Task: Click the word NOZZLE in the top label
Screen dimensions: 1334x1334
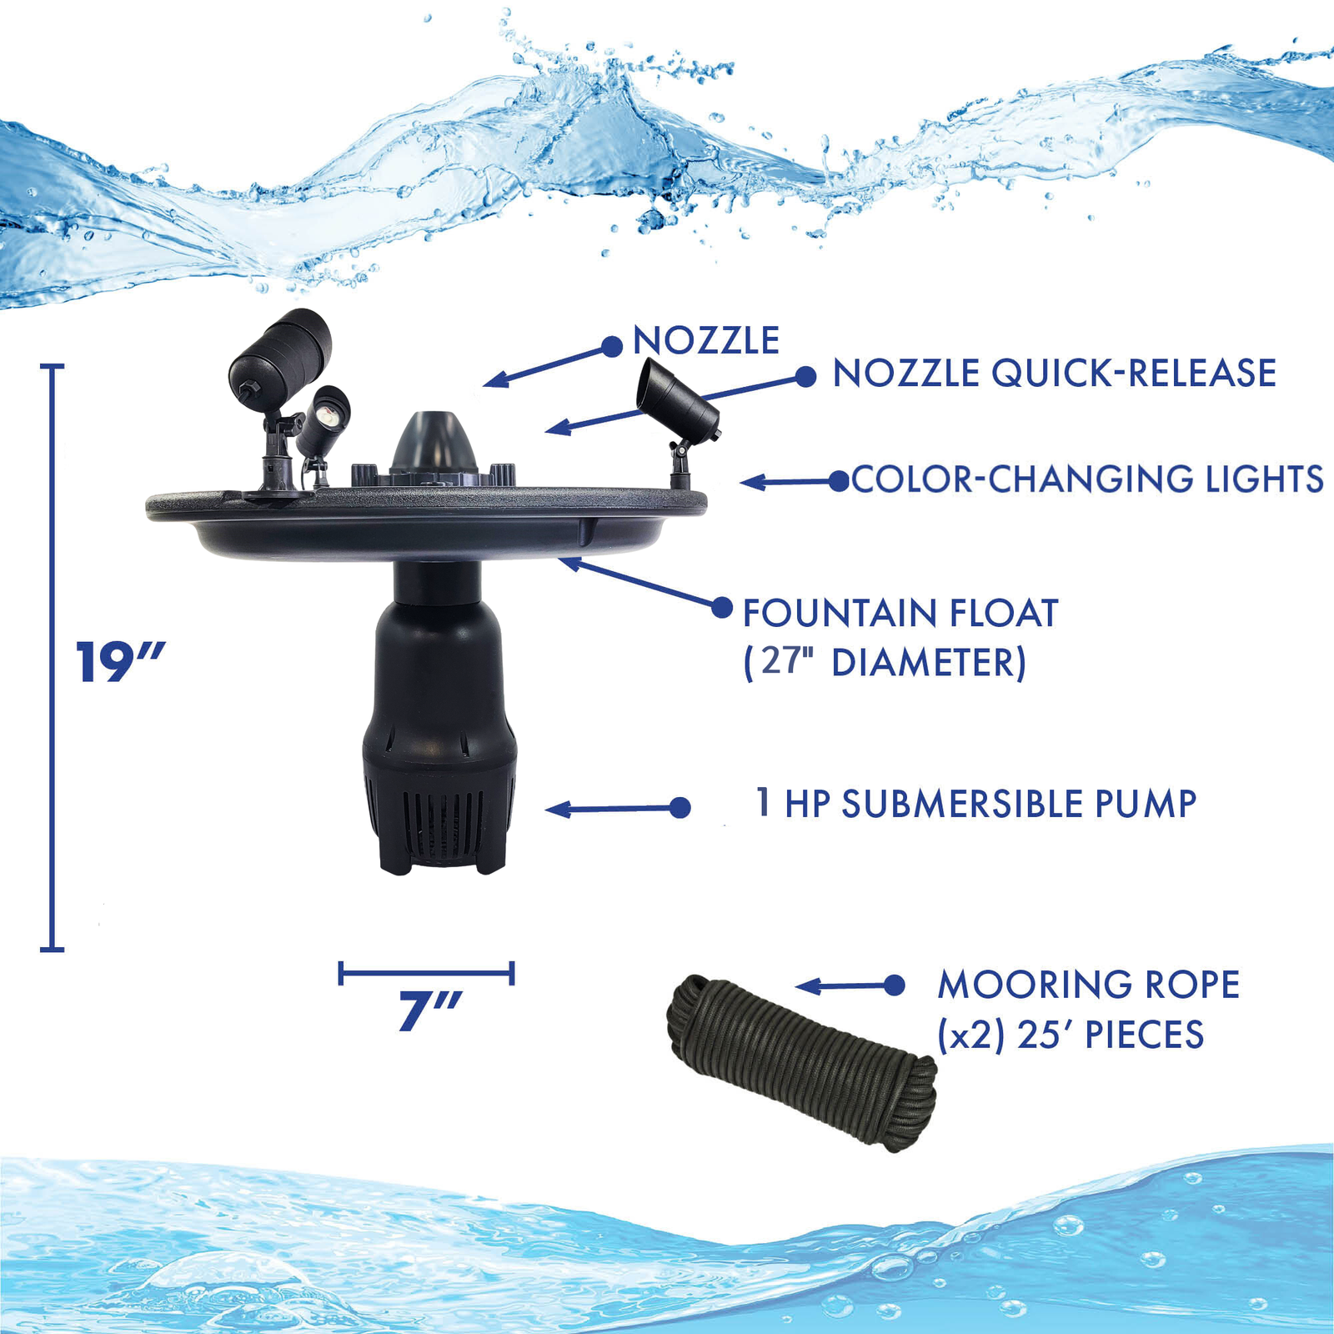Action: (x=706, y=341)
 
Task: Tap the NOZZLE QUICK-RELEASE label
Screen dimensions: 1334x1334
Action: (x=1055, y=374)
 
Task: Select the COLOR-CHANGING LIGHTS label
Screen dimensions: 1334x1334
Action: (x=1087, y=479)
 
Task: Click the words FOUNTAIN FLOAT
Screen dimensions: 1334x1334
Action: (x=900, y=614)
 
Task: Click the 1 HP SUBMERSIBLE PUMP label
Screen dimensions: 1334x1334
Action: (x=976, y=805)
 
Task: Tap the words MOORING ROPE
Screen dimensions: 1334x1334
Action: (x=1088, y=985)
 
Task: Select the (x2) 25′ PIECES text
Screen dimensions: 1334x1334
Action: (x=1071, y=1036)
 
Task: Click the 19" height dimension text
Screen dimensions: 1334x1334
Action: (x=119, y=663)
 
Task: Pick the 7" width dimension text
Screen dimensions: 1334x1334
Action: (x=429, y=1012)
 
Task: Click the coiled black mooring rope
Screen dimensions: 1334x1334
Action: (x=801, y=1064)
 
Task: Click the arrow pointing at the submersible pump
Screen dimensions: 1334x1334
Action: (x=617, y=808)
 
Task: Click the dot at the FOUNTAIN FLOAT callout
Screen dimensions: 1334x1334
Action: (x=722, y=607)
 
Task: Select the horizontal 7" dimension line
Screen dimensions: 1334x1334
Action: (x=426, y=972)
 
